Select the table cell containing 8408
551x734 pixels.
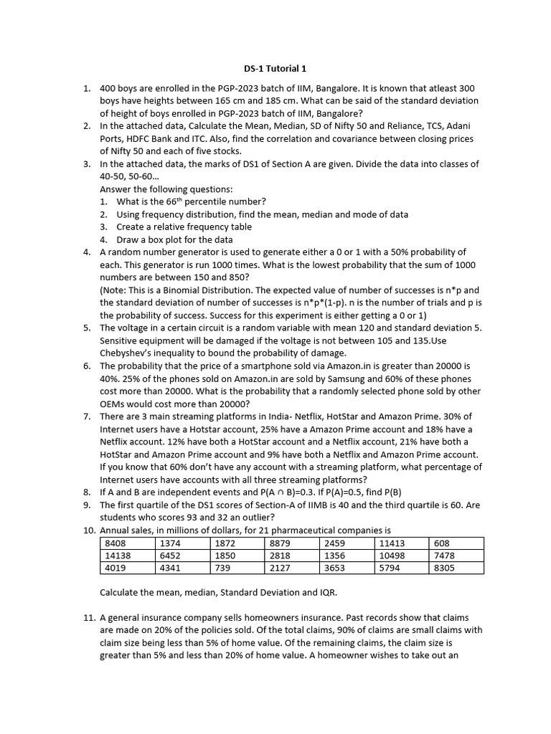point(127,543)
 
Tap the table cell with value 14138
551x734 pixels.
point(127,556)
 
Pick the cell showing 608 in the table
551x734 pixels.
point(456,543)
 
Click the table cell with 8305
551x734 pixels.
point(456,568)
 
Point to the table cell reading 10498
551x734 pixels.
point(402,556)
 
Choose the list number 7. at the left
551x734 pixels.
point(87,416)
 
